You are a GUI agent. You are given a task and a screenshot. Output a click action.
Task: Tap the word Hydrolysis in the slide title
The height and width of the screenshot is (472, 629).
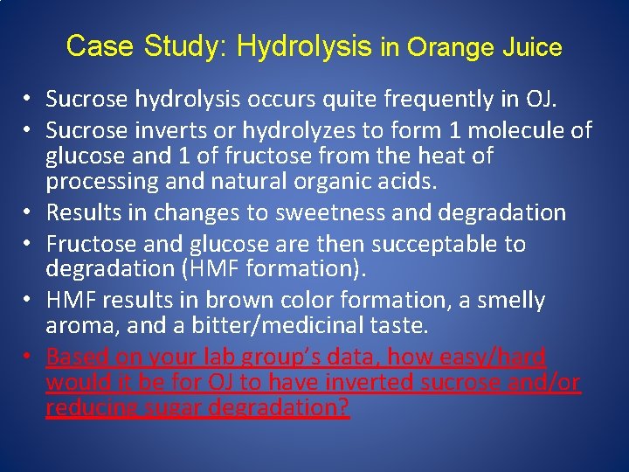pos(305,46)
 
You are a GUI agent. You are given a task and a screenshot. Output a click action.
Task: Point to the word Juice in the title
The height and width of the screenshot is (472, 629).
pos(533,47)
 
